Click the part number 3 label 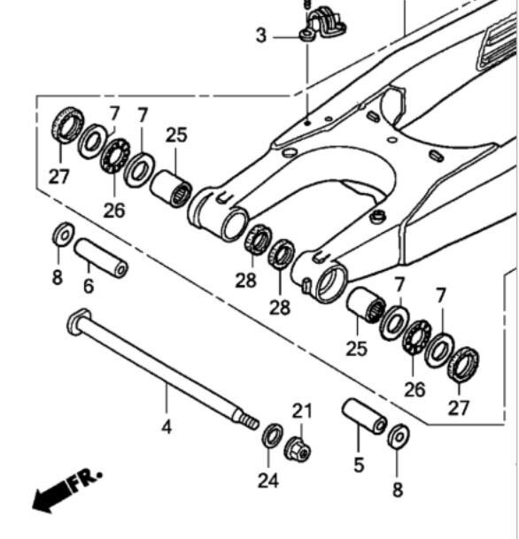click(x=260, y=36)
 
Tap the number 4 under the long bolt click(x=166, y=427)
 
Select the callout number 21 click(x=303, y=412)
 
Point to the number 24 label click(x=268, y=481)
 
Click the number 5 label click(x=358, y=465)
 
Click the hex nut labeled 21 click(x=298, y=450)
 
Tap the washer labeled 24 click(x=272, y=435)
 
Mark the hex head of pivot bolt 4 click(x=77, y=320)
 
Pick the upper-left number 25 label click(x=176, y=135)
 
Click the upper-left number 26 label click(x=113, y=210)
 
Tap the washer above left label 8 click(x=63, y=235)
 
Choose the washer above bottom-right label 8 click(x=399, y=435)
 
